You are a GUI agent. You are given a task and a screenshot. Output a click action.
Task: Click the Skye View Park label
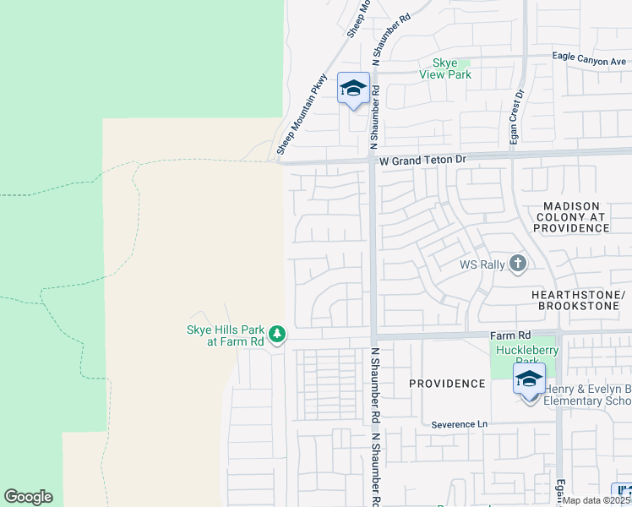click(x=445, y=68)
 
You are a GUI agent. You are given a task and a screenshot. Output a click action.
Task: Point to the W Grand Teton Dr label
click(x=422, y=159)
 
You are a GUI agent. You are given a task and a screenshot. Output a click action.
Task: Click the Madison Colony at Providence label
click(x=572, y=217)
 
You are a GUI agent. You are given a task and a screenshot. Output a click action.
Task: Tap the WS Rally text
click(x=482, y=264)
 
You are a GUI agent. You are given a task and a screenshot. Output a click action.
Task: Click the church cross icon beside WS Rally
click(x=518, y=264)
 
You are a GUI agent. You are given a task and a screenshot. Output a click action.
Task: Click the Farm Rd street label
click(x=510, y=335)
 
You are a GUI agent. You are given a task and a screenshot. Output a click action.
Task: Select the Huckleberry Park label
click(x=520, y=354)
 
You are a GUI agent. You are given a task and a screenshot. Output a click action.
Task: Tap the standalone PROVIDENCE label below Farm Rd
click(x=447, y=384)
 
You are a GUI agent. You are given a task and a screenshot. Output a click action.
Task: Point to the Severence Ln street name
click(x=460, y=424)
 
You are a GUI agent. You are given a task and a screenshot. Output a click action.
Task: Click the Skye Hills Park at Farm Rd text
click(x=226, y=335)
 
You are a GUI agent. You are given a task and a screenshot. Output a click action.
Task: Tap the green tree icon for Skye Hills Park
click(x=278, y=335)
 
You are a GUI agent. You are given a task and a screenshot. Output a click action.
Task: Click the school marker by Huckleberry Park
click(x=529, y=379)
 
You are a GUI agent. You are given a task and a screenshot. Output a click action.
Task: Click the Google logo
click(x=28, y=497)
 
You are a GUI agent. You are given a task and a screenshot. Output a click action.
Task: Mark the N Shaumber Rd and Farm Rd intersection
click(x=373, y=336)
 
